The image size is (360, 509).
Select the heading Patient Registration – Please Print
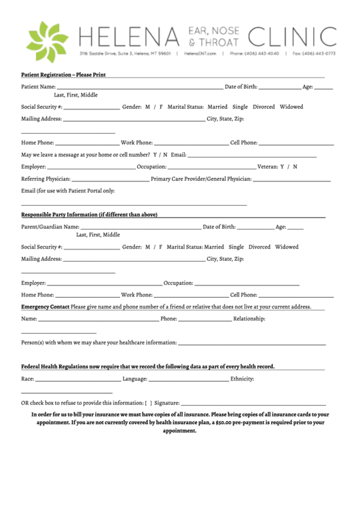coord(63,74)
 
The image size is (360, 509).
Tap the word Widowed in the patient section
coord(291,107)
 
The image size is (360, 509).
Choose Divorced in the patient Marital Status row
coord(264,107)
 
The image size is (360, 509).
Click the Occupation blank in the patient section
coord(211,167)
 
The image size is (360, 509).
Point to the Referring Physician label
coord(46,179)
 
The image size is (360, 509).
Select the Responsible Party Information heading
coord(89,215)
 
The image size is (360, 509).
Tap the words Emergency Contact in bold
coord(45,306)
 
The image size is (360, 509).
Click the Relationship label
coord(249,318)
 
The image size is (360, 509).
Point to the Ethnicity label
coord(242,379)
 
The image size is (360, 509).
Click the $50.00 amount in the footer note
coord(226,422)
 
